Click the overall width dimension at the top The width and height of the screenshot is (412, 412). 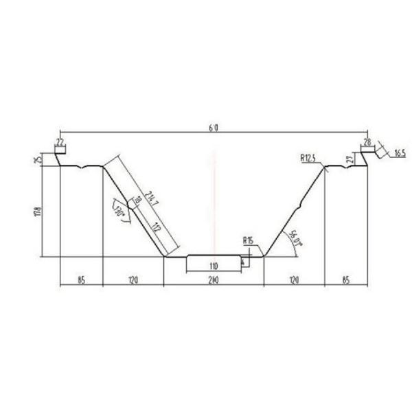tap(214, 128)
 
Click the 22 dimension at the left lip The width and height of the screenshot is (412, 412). tap(60, 142)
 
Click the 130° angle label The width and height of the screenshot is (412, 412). tap(120, 210)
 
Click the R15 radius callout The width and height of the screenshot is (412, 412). tap(248, 240)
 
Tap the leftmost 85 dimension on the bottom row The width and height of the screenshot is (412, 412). tap(81, 279)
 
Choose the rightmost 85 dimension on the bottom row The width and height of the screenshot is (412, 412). tap(346, 279)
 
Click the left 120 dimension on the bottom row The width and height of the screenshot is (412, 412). tap(133, 279)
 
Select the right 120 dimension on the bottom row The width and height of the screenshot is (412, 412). tap(294, 279)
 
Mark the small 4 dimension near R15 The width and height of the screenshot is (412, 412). tap(243, 261)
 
